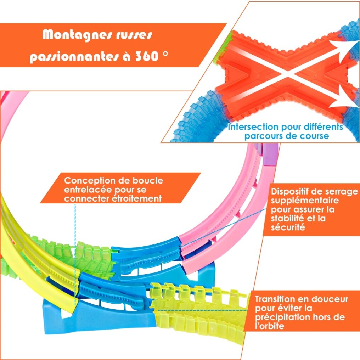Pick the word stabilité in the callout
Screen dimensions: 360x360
click(288, 218)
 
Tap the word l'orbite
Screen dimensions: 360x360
click(270, 326)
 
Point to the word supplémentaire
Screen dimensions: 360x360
click(305, 201)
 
